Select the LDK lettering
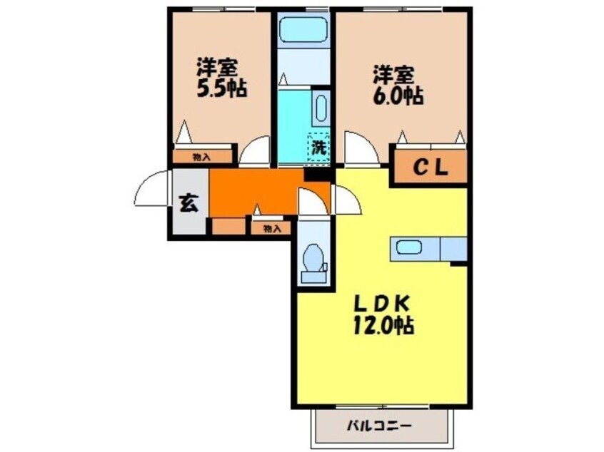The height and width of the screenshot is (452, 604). pos(382,303)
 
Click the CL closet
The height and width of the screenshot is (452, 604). pos(431,169)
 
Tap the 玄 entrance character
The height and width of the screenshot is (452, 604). pos(188,203)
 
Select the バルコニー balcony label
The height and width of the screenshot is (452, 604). pos(379,426)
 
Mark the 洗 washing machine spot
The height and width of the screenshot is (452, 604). pos(318,148)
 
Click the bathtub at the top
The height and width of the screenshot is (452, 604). pos(303,30)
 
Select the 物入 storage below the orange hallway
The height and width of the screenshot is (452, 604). pos(270,228)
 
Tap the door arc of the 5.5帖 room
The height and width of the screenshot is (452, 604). pos(255,153)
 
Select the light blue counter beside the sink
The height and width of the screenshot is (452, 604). pos(453,249)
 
